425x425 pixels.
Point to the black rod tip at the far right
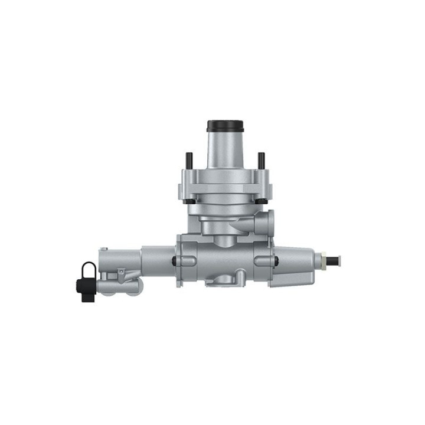336,260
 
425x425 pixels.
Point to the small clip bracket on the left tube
121,273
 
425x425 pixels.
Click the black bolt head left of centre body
174,261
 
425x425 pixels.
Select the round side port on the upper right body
267,221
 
